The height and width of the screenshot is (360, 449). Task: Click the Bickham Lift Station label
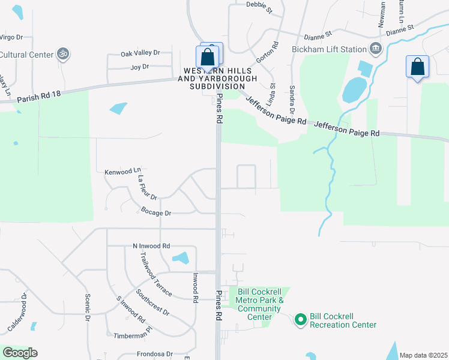(329, 49)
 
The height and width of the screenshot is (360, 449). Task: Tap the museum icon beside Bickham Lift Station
(376, 48)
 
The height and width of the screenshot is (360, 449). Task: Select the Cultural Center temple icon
(63, 54)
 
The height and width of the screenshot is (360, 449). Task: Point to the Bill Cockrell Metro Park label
(259, 300)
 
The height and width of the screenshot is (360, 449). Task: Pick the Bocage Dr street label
(156, 212)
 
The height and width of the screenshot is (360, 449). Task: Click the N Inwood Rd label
(151, 246)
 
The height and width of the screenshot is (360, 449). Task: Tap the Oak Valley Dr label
(140, 53)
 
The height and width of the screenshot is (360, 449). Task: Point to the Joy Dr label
(139, 67)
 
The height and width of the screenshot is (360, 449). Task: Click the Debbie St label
(259, 7)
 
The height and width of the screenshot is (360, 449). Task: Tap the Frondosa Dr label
(154, 354)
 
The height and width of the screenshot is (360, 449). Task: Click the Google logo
(20, 353)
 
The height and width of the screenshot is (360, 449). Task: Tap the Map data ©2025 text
(423, 355)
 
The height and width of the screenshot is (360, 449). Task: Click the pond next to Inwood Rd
(181, 259)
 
